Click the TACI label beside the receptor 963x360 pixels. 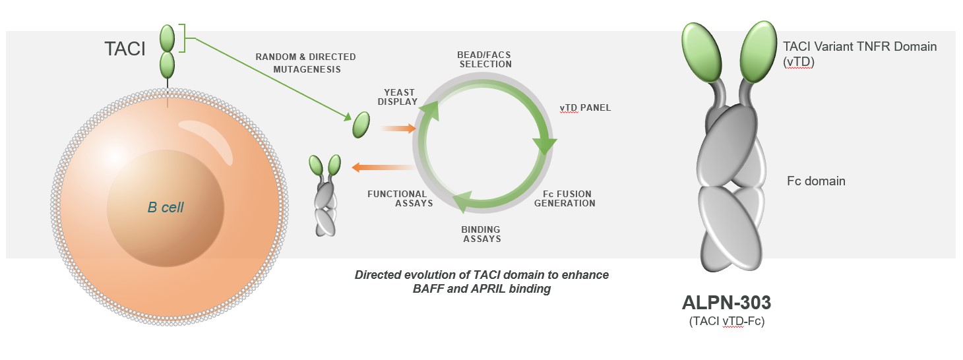coord(125,49)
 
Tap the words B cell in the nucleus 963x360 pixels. coord(166,208)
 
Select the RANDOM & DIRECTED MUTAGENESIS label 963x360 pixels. coord(305,63)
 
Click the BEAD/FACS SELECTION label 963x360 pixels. coord(485,60)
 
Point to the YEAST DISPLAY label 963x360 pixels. coord(398,97)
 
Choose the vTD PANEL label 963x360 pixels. coord(585,108)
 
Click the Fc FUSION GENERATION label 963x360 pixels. coord(565,199)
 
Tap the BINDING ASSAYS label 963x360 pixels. coord(481,234)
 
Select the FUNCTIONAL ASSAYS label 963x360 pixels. coord(400,199)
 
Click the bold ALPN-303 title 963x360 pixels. coord(727,303)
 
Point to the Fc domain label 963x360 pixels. coord(816,181)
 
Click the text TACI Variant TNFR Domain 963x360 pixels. coord(860,46)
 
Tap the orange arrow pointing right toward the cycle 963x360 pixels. coord(398,128)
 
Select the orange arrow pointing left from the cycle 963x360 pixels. coord(383,167)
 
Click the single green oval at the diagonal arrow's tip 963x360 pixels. coord(361,125)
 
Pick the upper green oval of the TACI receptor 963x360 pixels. coord(168,38)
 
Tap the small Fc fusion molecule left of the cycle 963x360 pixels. coord(325,195)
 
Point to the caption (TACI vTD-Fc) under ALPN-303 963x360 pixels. coord(727,321)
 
